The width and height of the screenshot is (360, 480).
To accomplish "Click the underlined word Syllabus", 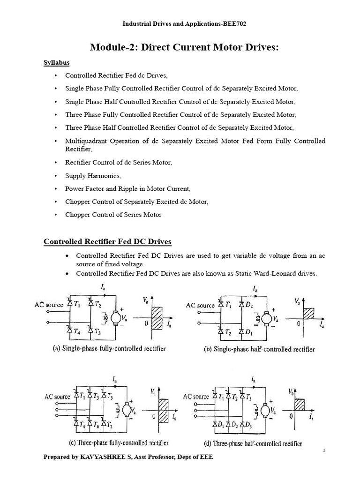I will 57,62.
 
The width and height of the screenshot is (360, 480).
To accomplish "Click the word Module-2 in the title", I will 110,47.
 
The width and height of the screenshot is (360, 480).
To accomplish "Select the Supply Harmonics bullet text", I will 93,176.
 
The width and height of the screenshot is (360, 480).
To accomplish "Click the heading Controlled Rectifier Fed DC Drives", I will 107,242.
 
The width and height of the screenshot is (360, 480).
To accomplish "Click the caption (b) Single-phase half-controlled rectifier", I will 259,349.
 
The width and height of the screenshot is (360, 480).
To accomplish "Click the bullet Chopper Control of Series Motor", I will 113,215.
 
